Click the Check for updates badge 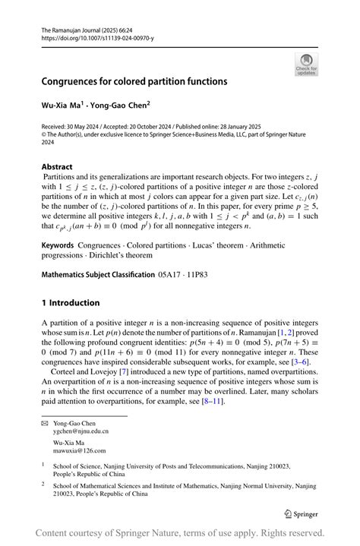pos(306,64)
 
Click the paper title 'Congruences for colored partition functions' pos(134,80)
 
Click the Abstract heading pos(57,166)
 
